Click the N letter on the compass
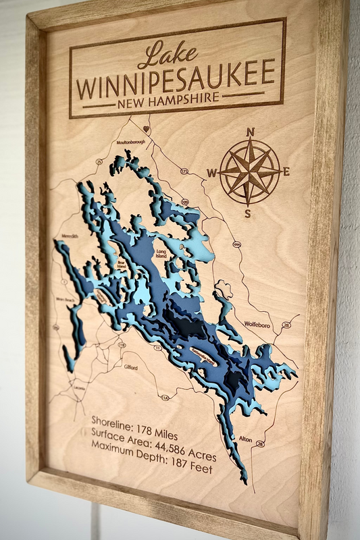(251, 132)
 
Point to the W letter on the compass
(211, 173)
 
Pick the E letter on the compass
(286, 171)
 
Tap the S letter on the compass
(247, 214)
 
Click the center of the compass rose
(249, 172)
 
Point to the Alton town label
(245, 439)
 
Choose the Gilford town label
(130, 367)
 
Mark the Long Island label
(161, 253)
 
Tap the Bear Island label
(122, 265)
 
